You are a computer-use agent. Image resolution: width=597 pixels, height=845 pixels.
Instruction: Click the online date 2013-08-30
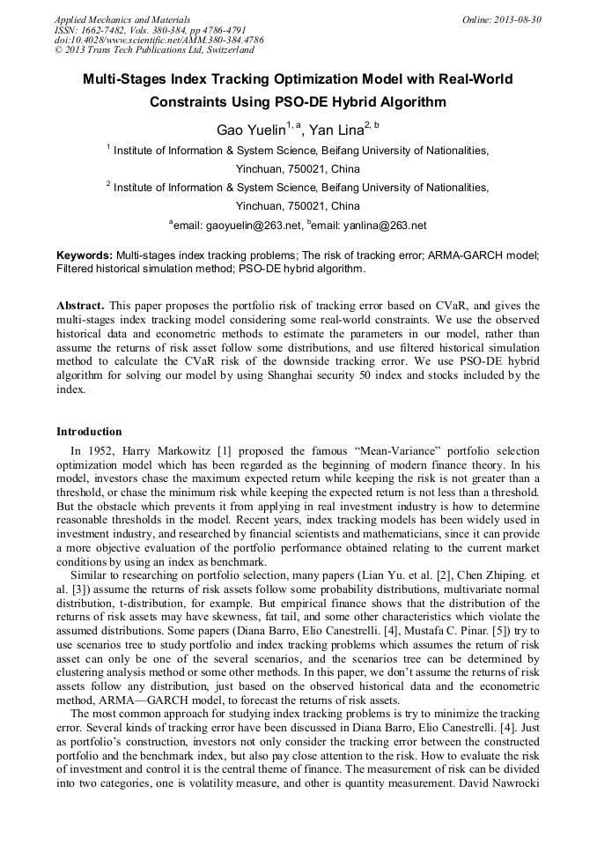pyautogui.click(x=518, y=19)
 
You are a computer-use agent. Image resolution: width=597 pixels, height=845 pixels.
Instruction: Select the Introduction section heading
pyautogui.click(x=89, y=432)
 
